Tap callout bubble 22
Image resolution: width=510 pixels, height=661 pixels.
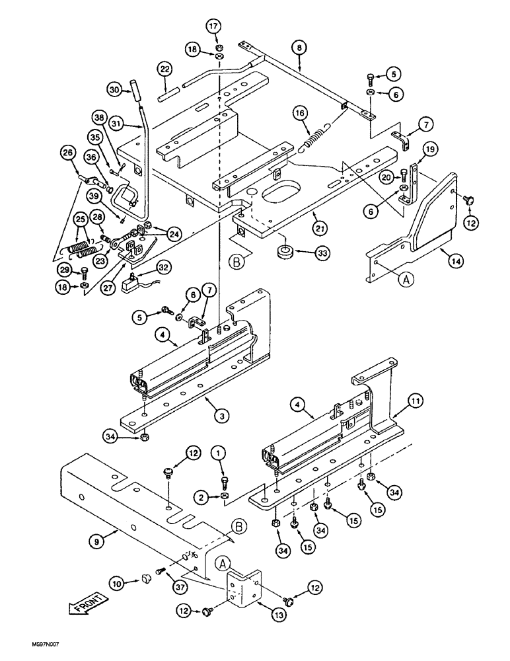[164, 70]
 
